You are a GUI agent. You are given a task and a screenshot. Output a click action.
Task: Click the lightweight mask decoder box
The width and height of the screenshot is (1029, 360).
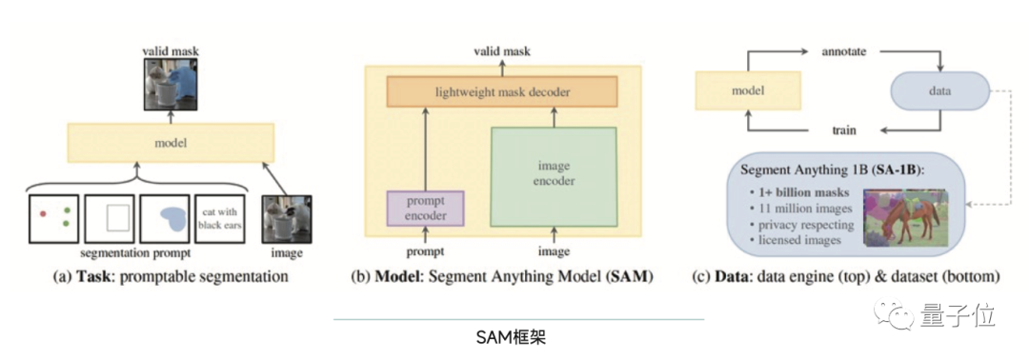click(502, 91)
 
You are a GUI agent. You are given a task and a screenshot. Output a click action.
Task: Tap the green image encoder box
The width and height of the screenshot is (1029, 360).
click(554, 177)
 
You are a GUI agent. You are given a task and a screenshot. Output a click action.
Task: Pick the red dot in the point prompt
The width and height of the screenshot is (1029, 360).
click(43, 213)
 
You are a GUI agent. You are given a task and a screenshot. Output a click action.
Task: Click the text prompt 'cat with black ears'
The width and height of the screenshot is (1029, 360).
click(220, 220)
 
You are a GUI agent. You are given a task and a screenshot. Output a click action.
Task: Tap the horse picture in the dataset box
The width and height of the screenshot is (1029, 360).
click(906, 217)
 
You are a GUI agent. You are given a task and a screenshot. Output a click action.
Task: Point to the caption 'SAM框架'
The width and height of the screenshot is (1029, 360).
click(512, 338)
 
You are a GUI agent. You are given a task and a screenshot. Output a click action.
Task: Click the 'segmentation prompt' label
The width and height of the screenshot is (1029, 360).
click(136, 252)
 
